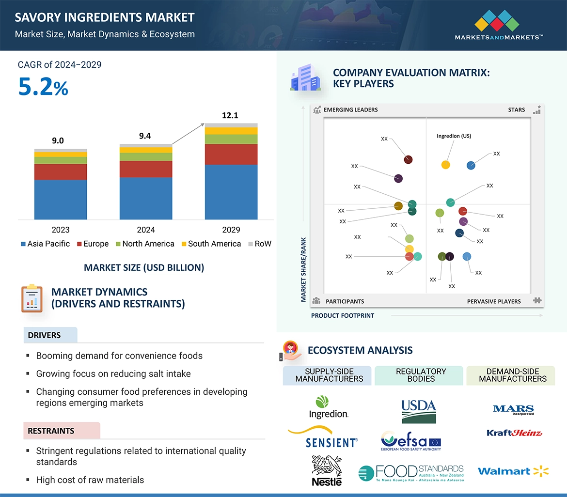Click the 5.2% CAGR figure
coord(43,87)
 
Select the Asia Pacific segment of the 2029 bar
coord(231,192)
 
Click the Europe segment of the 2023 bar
coord(61,172)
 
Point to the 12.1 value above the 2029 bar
coord(230,116)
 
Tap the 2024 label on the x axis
coord(146,230)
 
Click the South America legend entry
coord(211,244)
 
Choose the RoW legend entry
coord(260,244)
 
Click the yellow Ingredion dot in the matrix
coord(446,165)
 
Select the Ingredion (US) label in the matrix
coord(454,136)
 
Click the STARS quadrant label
coord(517,110)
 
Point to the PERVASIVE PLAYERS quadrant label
coord(494,301)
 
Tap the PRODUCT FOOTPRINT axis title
coord(343,315)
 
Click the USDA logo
coord(419,411)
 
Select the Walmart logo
coord(513,471)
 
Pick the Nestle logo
coord(327,470)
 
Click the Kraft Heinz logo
coord(514,433)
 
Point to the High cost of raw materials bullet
coord(90,480)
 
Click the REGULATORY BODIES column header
coord(421,375)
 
